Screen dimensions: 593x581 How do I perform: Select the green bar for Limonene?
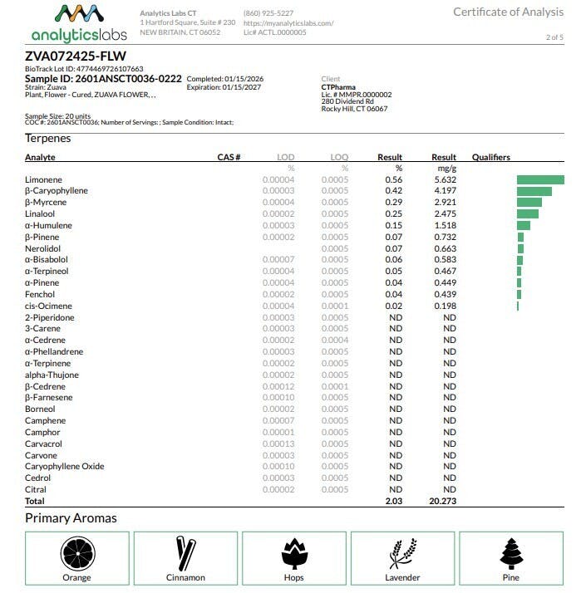tap(540, 179)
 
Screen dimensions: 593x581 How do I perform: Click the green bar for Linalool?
tap(528, 213)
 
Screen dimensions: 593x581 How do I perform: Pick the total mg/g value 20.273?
tap(443, 502)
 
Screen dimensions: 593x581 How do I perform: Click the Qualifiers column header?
tap(490, 157)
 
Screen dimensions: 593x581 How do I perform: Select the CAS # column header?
tap(229, 157)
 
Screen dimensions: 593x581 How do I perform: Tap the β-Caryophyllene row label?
tap(57, 191)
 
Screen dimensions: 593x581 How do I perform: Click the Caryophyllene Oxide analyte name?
tap(65, 466)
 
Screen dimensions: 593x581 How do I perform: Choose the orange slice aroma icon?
tap(76, 553)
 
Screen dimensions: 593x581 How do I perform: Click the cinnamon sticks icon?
tap(185, 553)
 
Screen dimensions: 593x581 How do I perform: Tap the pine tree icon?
tap(511, 553)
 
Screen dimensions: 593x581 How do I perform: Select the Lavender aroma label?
tap(402, 577)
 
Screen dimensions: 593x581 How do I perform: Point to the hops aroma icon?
tap(293, 553)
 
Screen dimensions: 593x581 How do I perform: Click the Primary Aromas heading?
tap(71, 518)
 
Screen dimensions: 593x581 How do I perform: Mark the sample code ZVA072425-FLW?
tap(76, 56)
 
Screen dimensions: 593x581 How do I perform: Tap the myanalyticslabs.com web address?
tap(288, 23)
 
